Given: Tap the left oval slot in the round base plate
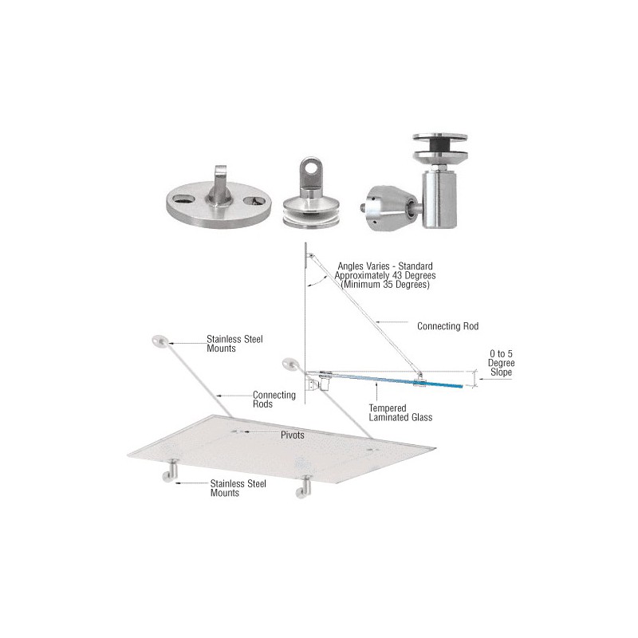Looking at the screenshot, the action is pos(183,199).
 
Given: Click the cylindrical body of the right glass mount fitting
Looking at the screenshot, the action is pos(439,199).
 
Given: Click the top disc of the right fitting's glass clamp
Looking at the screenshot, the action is pos(440,137).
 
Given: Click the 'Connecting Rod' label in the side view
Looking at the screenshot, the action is pos(447,326).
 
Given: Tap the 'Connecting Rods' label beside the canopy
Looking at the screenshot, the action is pos(274,400).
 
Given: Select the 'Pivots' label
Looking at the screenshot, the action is pos(292,435).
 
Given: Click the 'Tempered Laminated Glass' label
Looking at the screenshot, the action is pos(400,412).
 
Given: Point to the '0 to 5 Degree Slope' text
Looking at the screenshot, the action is pos(501,363).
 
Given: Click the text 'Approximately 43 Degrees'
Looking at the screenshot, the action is pos(385,275).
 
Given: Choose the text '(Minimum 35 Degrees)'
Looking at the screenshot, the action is pos(385,285).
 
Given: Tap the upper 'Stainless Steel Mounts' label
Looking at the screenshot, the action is pos(234,344).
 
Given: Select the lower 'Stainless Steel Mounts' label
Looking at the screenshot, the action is pos(238,488).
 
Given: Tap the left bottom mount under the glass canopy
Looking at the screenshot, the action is pos(171,471).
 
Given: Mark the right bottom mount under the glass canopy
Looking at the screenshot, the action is pos(304,487).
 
